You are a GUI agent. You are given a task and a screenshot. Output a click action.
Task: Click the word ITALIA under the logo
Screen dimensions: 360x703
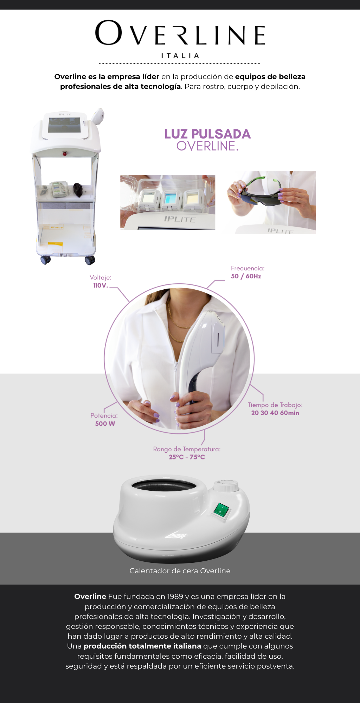click(x=180, y=56)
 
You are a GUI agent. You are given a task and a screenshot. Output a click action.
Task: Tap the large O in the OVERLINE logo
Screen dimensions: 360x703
click(x=109, y=33)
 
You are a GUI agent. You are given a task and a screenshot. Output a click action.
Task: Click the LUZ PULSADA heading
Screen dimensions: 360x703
click(x=207, y=134)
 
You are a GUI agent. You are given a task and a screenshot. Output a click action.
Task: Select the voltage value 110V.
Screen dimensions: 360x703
click(x=100, y=285)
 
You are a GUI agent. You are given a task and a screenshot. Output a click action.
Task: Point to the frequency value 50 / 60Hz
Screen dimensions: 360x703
click(x=246, y=276)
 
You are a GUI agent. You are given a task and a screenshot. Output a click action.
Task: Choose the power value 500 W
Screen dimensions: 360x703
click(x=105, y=424)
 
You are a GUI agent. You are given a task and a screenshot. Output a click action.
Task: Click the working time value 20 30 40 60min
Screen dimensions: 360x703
click(x=275, y=413)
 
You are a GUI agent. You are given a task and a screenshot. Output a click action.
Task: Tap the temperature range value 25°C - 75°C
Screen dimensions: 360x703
click(x=187, y=457)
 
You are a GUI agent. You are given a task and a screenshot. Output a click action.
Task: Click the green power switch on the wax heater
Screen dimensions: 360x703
click(x=221, y=510)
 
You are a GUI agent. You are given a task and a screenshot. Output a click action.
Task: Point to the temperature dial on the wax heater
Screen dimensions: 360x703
click(x=226, y=486)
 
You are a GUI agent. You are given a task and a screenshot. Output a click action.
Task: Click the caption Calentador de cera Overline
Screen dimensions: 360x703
click(x=180, y=571)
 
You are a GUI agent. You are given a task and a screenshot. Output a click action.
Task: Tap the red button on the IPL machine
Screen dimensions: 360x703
click(x=65, y=153)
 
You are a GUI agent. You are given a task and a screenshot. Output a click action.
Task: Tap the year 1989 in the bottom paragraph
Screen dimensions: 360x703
click(x=175, y=596)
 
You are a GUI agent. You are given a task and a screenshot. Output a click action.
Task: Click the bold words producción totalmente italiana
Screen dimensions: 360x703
click(x=142, y=646)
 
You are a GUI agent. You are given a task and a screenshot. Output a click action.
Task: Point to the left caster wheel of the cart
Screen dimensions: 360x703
click(x=46, y=260)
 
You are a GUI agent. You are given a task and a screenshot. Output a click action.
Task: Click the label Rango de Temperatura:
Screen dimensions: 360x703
click(x=187, y=449)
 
